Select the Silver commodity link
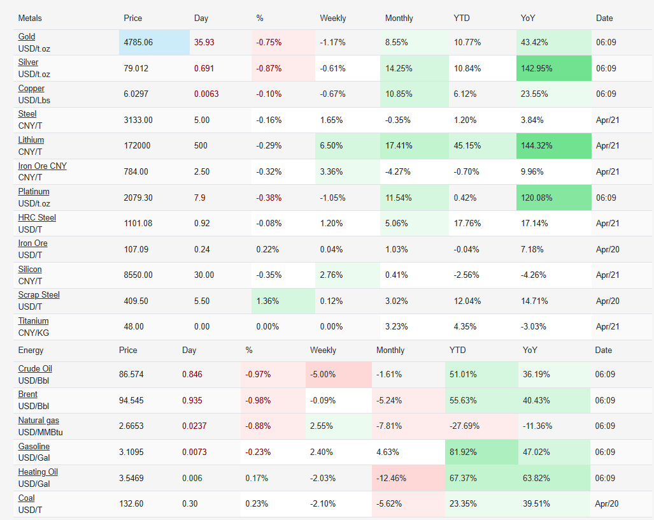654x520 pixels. click(x=28, y=62)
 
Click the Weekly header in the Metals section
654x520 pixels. click(x=332, y=18)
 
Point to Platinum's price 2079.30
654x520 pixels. click(x=138, y=198)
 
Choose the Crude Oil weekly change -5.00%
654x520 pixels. click(x=325, y=375)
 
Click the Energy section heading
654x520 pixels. click(x=31, y=350)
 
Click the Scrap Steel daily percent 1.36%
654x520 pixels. click(x=267, y=301)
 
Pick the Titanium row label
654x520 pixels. click(x=33, y=321)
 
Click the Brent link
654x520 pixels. click(x=27, y=394)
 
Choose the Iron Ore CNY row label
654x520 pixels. click(x=42, y=166)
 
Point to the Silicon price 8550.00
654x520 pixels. click(x=138, y=275)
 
